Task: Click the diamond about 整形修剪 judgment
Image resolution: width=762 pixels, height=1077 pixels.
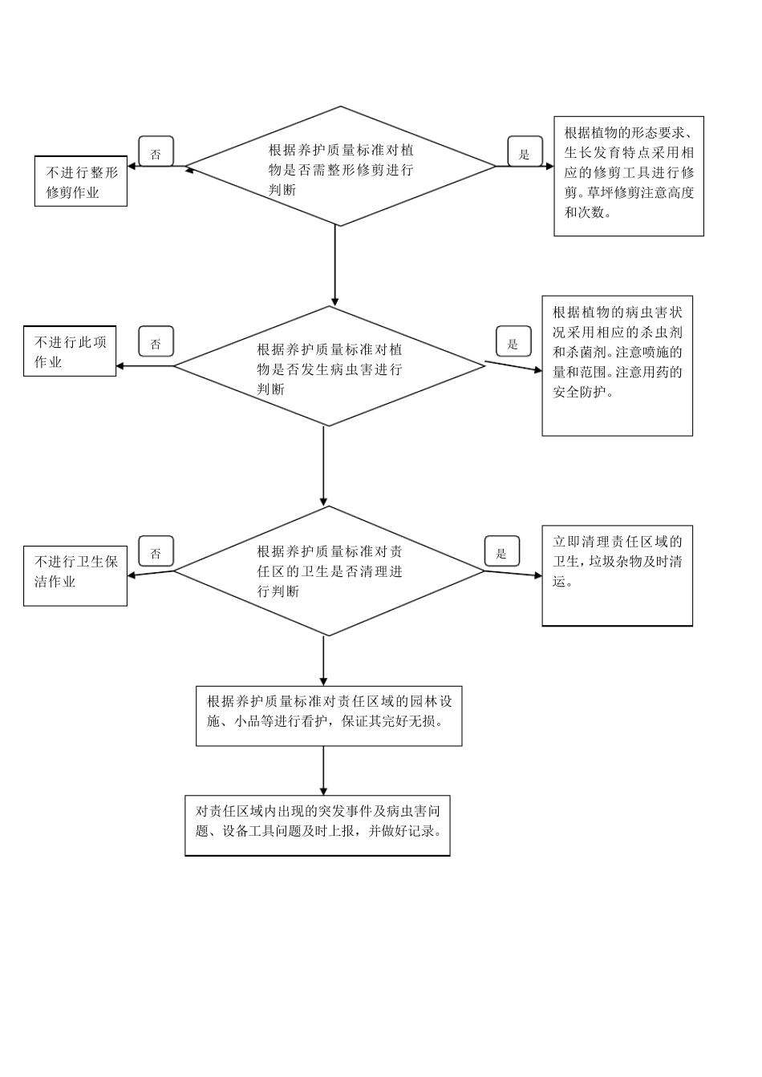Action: pos(341,167)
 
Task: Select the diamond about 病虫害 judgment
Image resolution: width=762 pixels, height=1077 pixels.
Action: pos(329,366)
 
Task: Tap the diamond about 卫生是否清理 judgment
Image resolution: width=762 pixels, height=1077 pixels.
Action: pos(329,571)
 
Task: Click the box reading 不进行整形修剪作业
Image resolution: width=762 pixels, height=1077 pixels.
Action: pos(80,181)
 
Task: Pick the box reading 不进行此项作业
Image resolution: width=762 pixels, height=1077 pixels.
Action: pos(70,351)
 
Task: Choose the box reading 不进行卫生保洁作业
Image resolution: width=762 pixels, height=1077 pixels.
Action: pos(75,576)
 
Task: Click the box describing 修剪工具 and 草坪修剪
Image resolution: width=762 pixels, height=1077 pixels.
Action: pos(629,176)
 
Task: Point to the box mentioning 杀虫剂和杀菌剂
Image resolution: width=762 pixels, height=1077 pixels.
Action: pos(617,366)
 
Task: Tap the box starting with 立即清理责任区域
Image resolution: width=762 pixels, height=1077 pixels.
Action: pos(617,575)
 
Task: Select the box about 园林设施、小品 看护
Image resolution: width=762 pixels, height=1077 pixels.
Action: pos(329,716)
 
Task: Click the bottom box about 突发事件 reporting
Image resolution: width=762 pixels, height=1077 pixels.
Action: pos(318,825)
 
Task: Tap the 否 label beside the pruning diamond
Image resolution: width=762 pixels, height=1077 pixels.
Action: pos(156,152)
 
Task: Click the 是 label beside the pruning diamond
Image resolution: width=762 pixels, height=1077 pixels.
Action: pos(525,152)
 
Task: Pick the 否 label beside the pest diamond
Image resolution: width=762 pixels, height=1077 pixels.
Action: pos(156,343)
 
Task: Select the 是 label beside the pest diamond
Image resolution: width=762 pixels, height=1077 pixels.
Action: pos(513,343)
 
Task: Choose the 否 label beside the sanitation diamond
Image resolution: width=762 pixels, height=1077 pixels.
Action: pos(156,552)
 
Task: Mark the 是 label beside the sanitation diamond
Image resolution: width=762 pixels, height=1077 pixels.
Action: pos(502,552)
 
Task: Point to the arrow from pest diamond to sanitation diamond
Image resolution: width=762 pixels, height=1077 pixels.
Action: pos(324,466)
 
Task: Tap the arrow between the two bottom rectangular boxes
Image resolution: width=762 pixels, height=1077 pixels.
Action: pos(323,770)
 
